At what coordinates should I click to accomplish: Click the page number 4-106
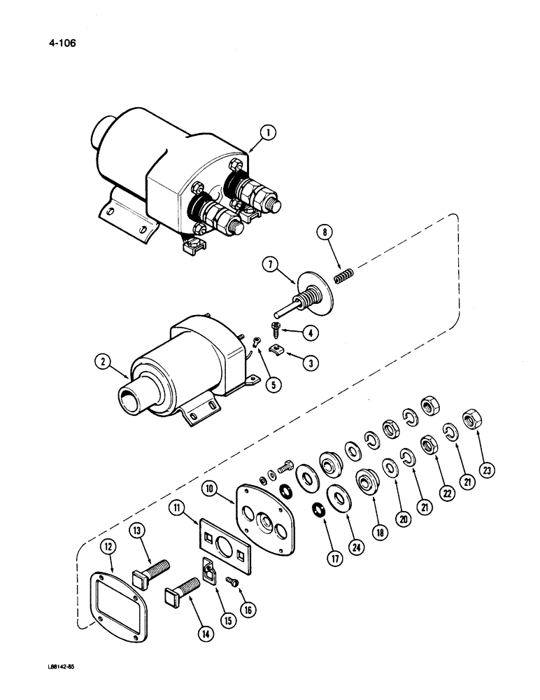pyautogui.click(x=59, y=43)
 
